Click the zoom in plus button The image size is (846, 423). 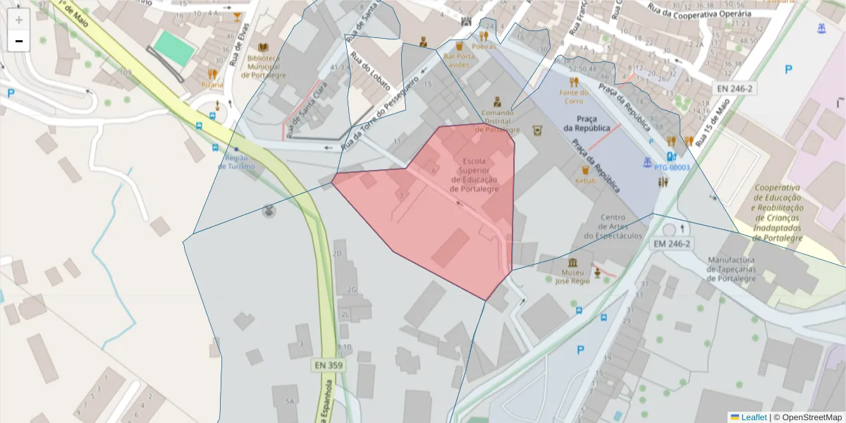click(19, 20)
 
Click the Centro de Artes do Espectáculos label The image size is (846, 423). click(613, 226)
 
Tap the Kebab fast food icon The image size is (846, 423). click(584, 170)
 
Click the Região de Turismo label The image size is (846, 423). click(235, 162)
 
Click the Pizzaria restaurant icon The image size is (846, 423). click(212, 73)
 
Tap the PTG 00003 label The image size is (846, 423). click(671, 168)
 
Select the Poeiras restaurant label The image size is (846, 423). click(484, 46)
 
